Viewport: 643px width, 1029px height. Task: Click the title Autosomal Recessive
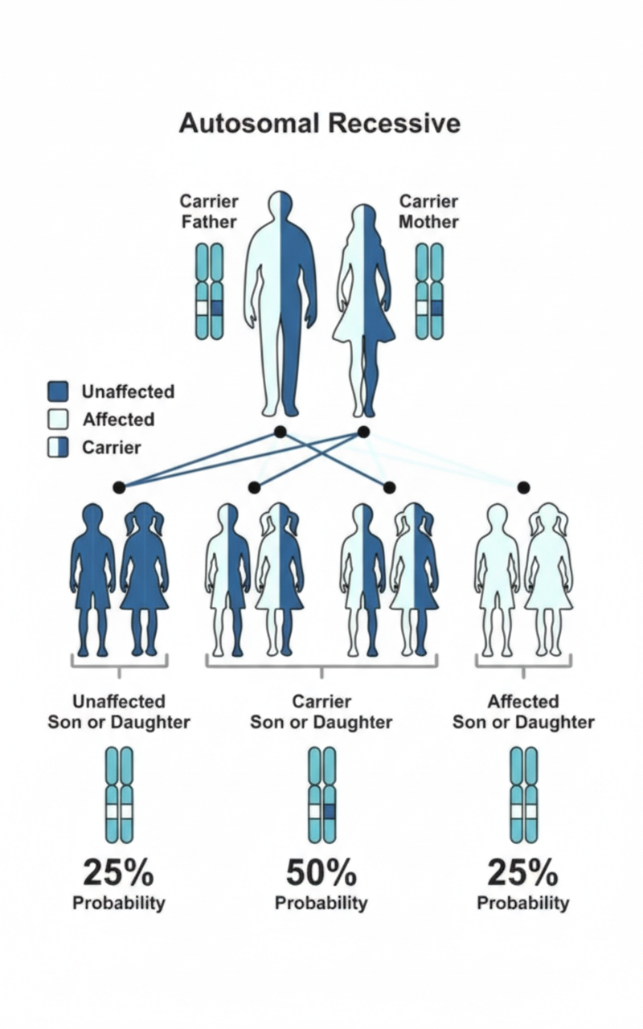point(320,123)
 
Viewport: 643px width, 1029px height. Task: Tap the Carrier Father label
point(208,211)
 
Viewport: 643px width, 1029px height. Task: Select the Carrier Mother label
point(428,211)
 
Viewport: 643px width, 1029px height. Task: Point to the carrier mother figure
point(363,310)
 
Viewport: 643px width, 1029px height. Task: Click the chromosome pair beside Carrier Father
point(209,290)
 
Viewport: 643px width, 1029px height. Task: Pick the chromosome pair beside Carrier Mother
point(429,290)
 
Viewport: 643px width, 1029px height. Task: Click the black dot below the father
point(280,432)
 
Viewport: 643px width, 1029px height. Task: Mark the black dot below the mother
point(363,432)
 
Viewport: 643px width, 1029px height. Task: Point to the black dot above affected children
point(523,487)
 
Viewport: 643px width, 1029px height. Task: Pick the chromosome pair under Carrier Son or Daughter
point(321,794)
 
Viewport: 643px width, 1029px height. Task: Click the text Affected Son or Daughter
point(523,711)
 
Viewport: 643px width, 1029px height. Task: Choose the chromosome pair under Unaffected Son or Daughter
point(119,794)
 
